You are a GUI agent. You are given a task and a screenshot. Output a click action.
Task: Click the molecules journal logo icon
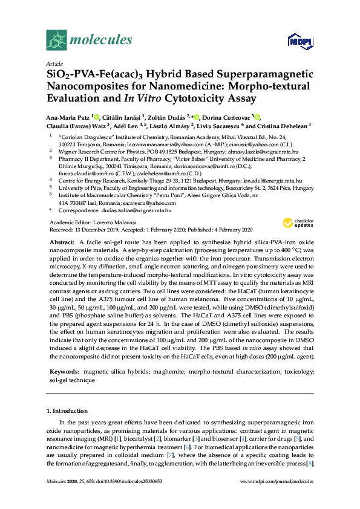pyautogui.click(x=56, y=41)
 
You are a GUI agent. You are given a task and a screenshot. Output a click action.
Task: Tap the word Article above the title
pyautogui.click(x=54, y=63)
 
